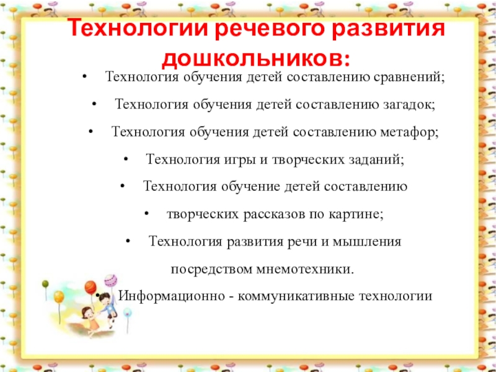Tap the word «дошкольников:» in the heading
click(x=255, y=58)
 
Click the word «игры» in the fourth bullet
click(x=235, y=159)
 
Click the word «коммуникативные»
click(x=294, y=296)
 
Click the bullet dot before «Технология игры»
click(x=126, y=159)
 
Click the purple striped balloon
click(x=110, y=280)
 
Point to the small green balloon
click(x=45, y=285)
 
